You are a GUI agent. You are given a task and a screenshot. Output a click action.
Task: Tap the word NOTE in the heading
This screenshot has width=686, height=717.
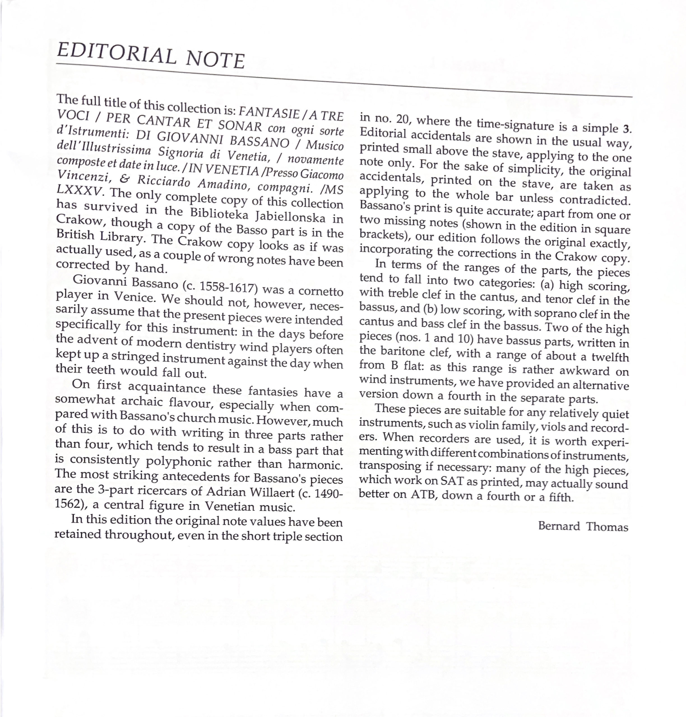(x=215, y=60)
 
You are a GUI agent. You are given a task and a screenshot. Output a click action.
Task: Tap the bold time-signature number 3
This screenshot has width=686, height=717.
(x=627, y=129)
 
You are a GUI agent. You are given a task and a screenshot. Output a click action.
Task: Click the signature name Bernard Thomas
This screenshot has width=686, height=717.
(x=583, y=527)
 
